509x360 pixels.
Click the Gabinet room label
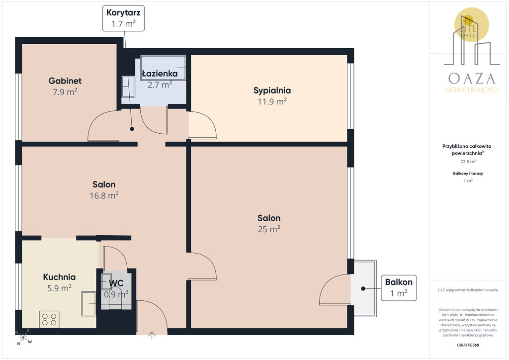[x=65, y=81]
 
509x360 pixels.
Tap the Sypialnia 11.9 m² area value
[x=272, y=101]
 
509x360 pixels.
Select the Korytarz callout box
[x=123, y=18]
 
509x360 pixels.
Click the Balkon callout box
[x=399, y=287]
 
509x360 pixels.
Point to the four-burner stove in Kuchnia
[x=49, y=319]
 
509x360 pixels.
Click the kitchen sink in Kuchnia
[x=88, y=303]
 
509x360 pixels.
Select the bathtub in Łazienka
[x=163, y=68]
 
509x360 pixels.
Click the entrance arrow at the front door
[x=152, y=336]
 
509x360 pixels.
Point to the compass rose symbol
[x=23, y=337]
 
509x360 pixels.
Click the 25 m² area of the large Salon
[x=269, y=229]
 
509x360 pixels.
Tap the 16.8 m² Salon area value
[x=104, y=195]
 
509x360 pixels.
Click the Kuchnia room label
[x=60, y=277]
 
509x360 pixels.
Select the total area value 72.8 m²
[x=468, y=161]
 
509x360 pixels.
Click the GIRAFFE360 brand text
[x=468, y=345]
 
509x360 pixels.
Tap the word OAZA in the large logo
[x=472, y=79]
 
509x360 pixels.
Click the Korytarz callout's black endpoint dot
[x=132, y=129]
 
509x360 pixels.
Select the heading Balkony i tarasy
[x=468, y=174]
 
